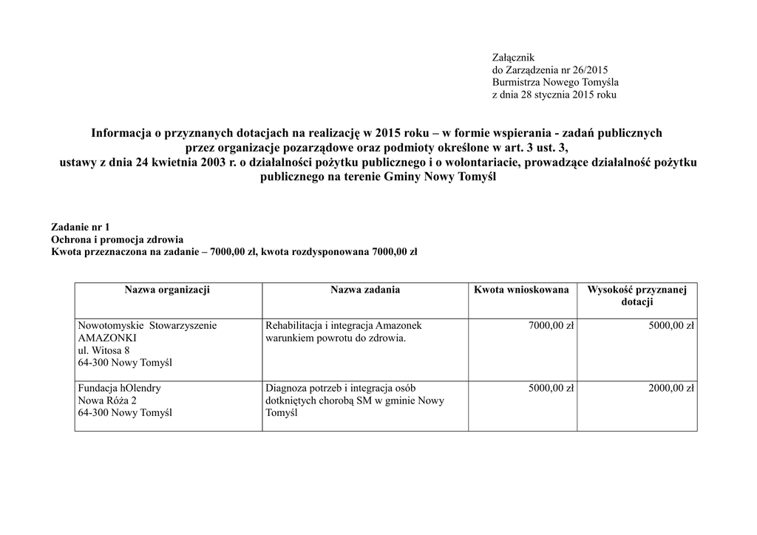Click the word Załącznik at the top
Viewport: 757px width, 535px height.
click(513, 57)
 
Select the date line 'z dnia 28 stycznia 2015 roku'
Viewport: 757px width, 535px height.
click(554, 95)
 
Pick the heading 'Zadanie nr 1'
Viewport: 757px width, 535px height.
click(80, 228)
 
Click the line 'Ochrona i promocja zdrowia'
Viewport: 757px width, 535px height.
click(117, 239)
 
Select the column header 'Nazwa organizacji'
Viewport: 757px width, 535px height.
click(167, 290)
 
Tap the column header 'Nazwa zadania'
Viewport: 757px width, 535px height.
click(365, 290)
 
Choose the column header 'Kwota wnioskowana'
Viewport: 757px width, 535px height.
click(521, 290)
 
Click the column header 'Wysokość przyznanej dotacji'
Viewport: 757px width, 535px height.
click(637, 296)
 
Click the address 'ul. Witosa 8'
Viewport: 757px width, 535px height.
click(103, 350)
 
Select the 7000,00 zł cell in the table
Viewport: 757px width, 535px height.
click(551, 325)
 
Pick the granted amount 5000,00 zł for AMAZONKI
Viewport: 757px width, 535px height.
click(671, 325)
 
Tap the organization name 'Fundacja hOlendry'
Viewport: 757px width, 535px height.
click(119, 388)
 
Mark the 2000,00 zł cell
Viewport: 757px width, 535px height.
click(671, 388)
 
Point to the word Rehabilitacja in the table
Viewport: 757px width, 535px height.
click(296, 325)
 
